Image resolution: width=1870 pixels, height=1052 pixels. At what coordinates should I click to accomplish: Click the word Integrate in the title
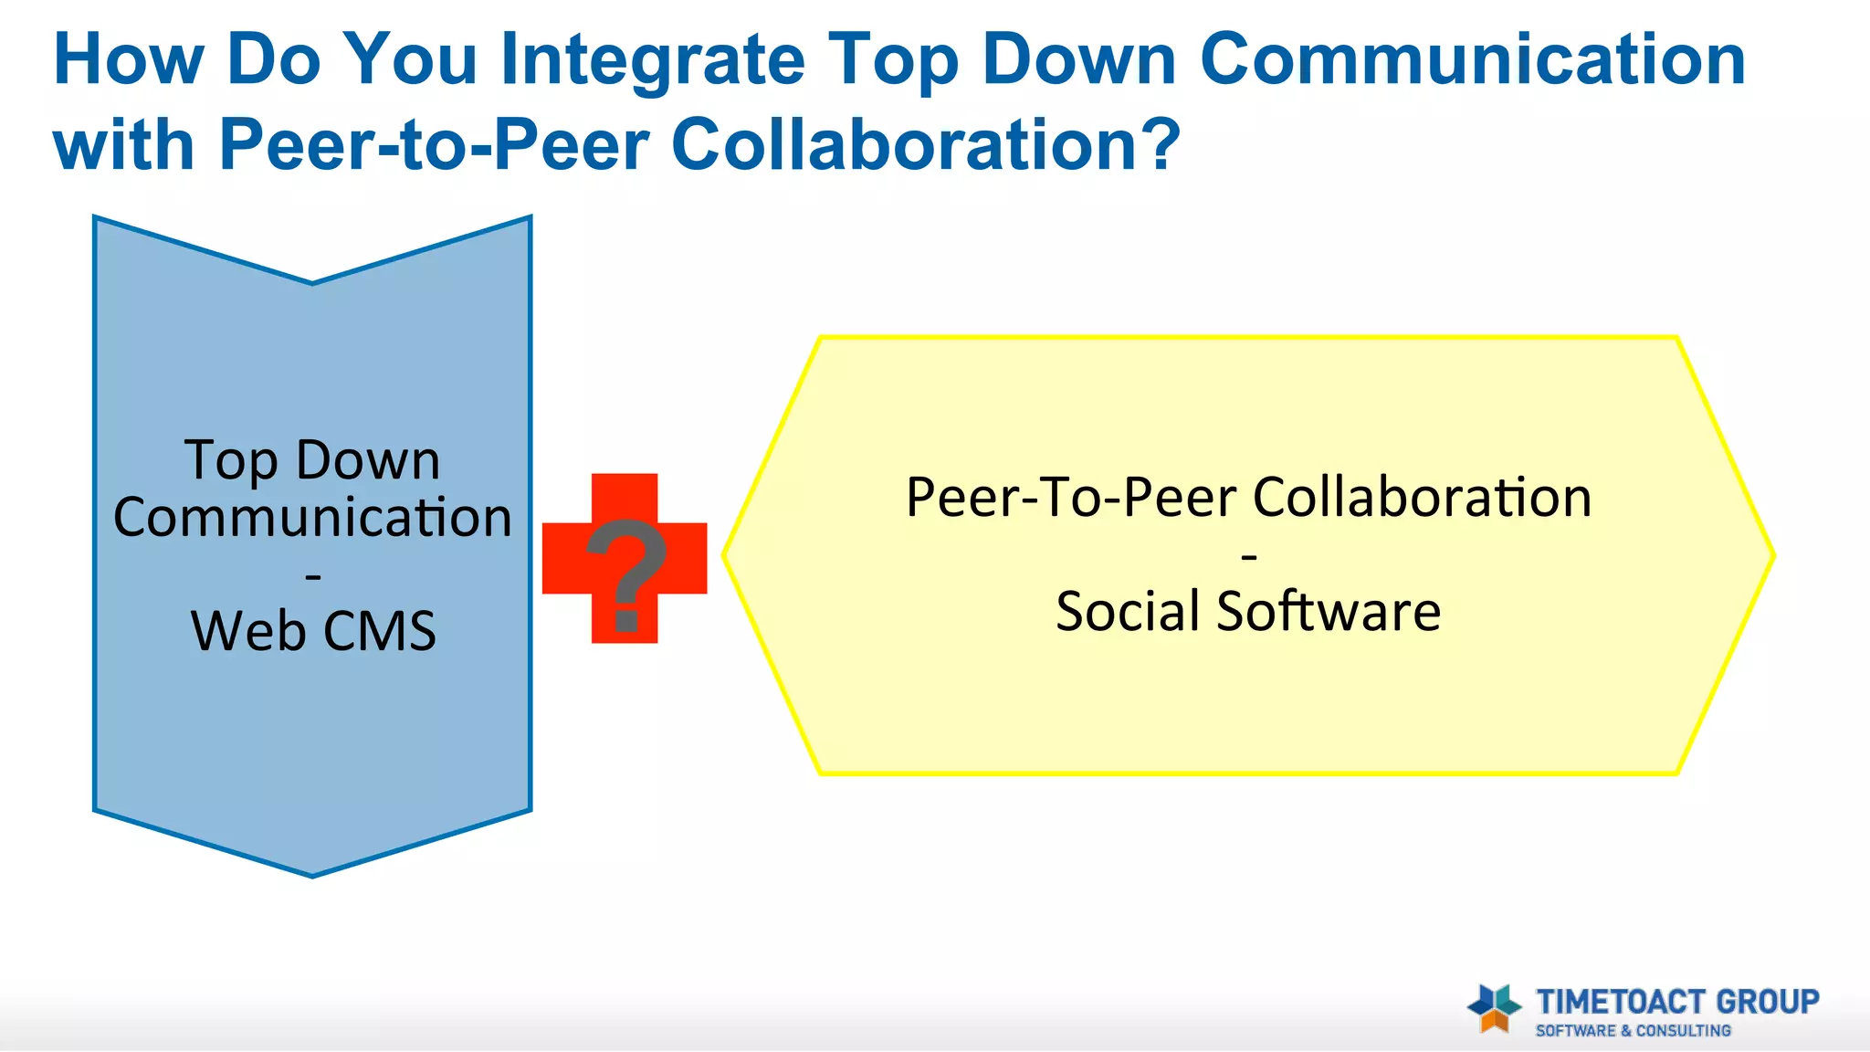[652, 60]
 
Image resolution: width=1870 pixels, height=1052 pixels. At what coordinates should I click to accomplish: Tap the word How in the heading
[129, 60]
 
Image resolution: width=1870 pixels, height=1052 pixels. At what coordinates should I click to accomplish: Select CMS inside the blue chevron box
[379, 631]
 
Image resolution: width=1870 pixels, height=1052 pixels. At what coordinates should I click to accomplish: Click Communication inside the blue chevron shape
[312, 518]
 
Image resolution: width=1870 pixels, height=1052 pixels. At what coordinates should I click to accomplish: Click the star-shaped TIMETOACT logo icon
[1494, 1008]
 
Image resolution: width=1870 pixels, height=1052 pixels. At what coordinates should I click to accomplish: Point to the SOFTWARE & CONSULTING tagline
[1633, 1031]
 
